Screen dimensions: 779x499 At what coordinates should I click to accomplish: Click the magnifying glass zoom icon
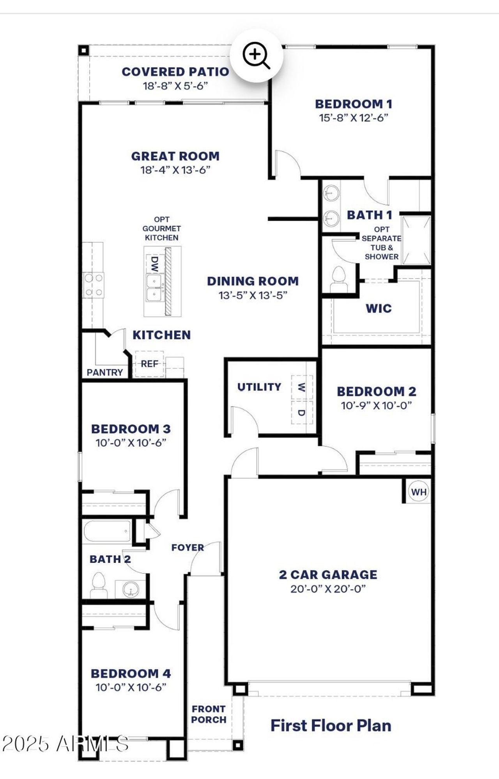coord(256,56)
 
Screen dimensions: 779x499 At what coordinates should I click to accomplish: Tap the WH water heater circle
coord(419,492)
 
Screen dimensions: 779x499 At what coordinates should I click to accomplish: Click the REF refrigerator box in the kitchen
coord(149,364)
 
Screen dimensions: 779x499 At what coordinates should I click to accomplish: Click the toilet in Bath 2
coord(99,585)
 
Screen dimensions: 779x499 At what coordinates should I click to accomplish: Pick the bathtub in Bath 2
coord(107,531)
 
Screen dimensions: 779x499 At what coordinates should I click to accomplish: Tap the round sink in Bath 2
coord(130,588)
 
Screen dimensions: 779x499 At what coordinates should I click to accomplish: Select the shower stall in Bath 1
coord(416,240)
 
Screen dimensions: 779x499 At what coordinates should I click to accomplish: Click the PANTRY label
coord(104,373)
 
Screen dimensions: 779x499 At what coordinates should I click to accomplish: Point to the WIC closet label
coord(379,309)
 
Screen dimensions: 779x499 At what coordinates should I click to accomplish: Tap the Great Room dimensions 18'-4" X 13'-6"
coord(175,170)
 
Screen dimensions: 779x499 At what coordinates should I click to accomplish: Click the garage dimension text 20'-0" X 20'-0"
coord(328,589)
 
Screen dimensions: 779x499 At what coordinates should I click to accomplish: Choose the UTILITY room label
coord(259,387)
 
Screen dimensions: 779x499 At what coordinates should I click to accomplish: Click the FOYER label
coord(188,548)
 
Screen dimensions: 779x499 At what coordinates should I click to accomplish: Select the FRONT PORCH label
coord(209,714)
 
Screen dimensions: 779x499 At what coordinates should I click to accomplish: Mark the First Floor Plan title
coord(331,726)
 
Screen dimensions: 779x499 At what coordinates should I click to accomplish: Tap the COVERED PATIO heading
coord(175,72)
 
